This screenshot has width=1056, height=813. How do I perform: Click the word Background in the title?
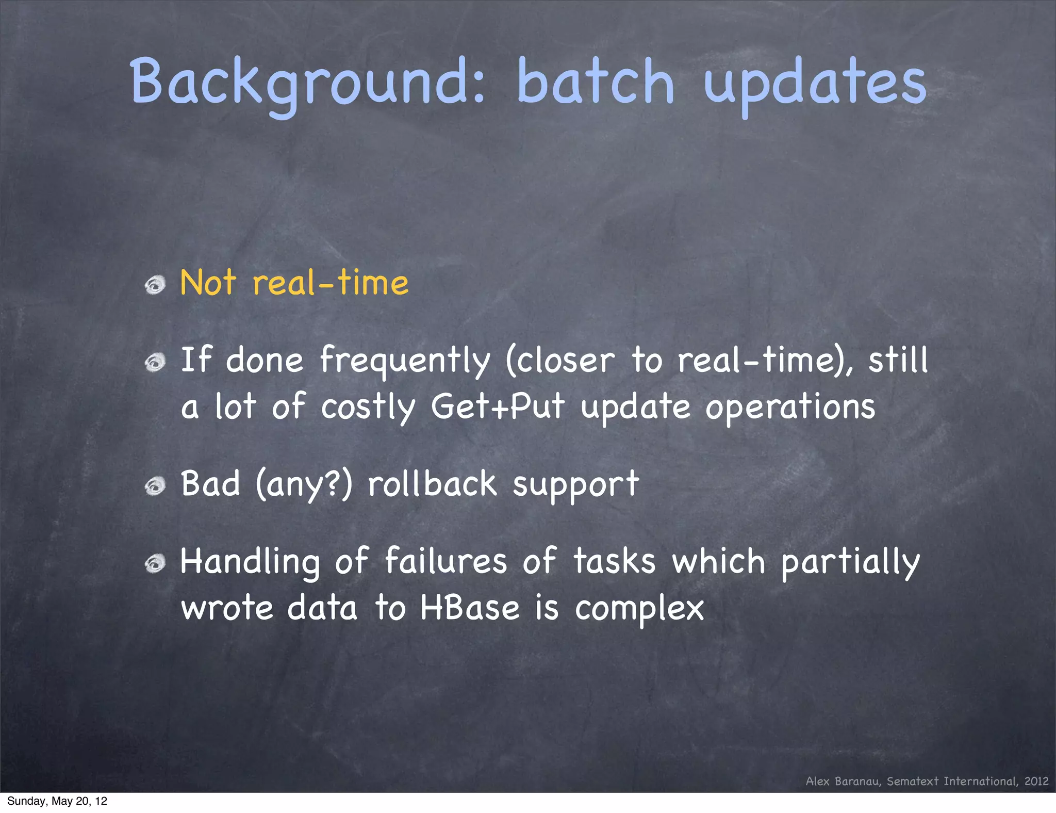point(307,83)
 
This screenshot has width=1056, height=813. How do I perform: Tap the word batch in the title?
point(595,83)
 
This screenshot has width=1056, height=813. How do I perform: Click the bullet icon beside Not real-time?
point(155,284)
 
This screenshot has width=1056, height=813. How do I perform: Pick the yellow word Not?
point(208,283)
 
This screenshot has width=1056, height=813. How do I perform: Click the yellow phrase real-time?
point(331,283)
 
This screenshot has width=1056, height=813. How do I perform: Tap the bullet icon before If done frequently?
point(155,363)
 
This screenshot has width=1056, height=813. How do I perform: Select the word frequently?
point(405,361)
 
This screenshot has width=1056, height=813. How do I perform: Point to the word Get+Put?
point(498,406)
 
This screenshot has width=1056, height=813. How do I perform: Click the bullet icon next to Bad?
point(155,486)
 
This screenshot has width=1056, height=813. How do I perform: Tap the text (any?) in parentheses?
point(304,485)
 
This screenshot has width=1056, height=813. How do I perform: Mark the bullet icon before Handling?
point(155,563)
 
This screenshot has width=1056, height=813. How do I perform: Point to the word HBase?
point(470,608)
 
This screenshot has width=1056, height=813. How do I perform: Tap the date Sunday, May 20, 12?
point(57,801)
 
